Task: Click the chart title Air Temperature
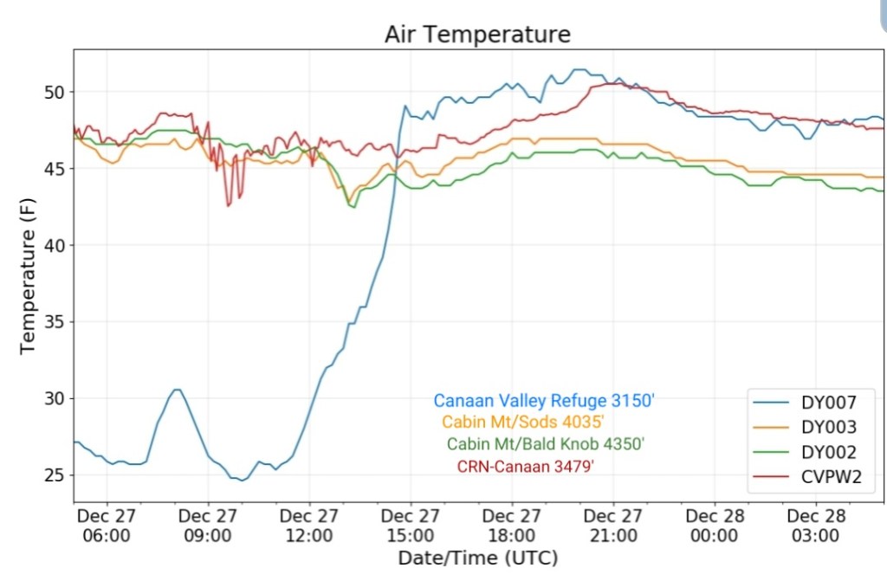[x=477, y=35]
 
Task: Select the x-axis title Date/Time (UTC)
[x=477, y=557]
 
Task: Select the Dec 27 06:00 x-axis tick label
[x=107, y=526]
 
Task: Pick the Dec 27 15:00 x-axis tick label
[x=411, y=526]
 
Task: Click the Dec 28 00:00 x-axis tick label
[x=715, y=526]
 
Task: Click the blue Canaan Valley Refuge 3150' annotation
[x=544, y=401]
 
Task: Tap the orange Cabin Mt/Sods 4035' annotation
[x=522, y=423]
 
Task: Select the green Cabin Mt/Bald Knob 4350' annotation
[x=546, y=444]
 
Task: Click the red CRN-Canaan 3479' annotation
[x=525, y=466]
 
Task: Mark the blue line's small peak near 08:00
[x=177, y=390]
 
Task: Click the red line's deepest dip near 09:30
[x=229, y=205]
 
